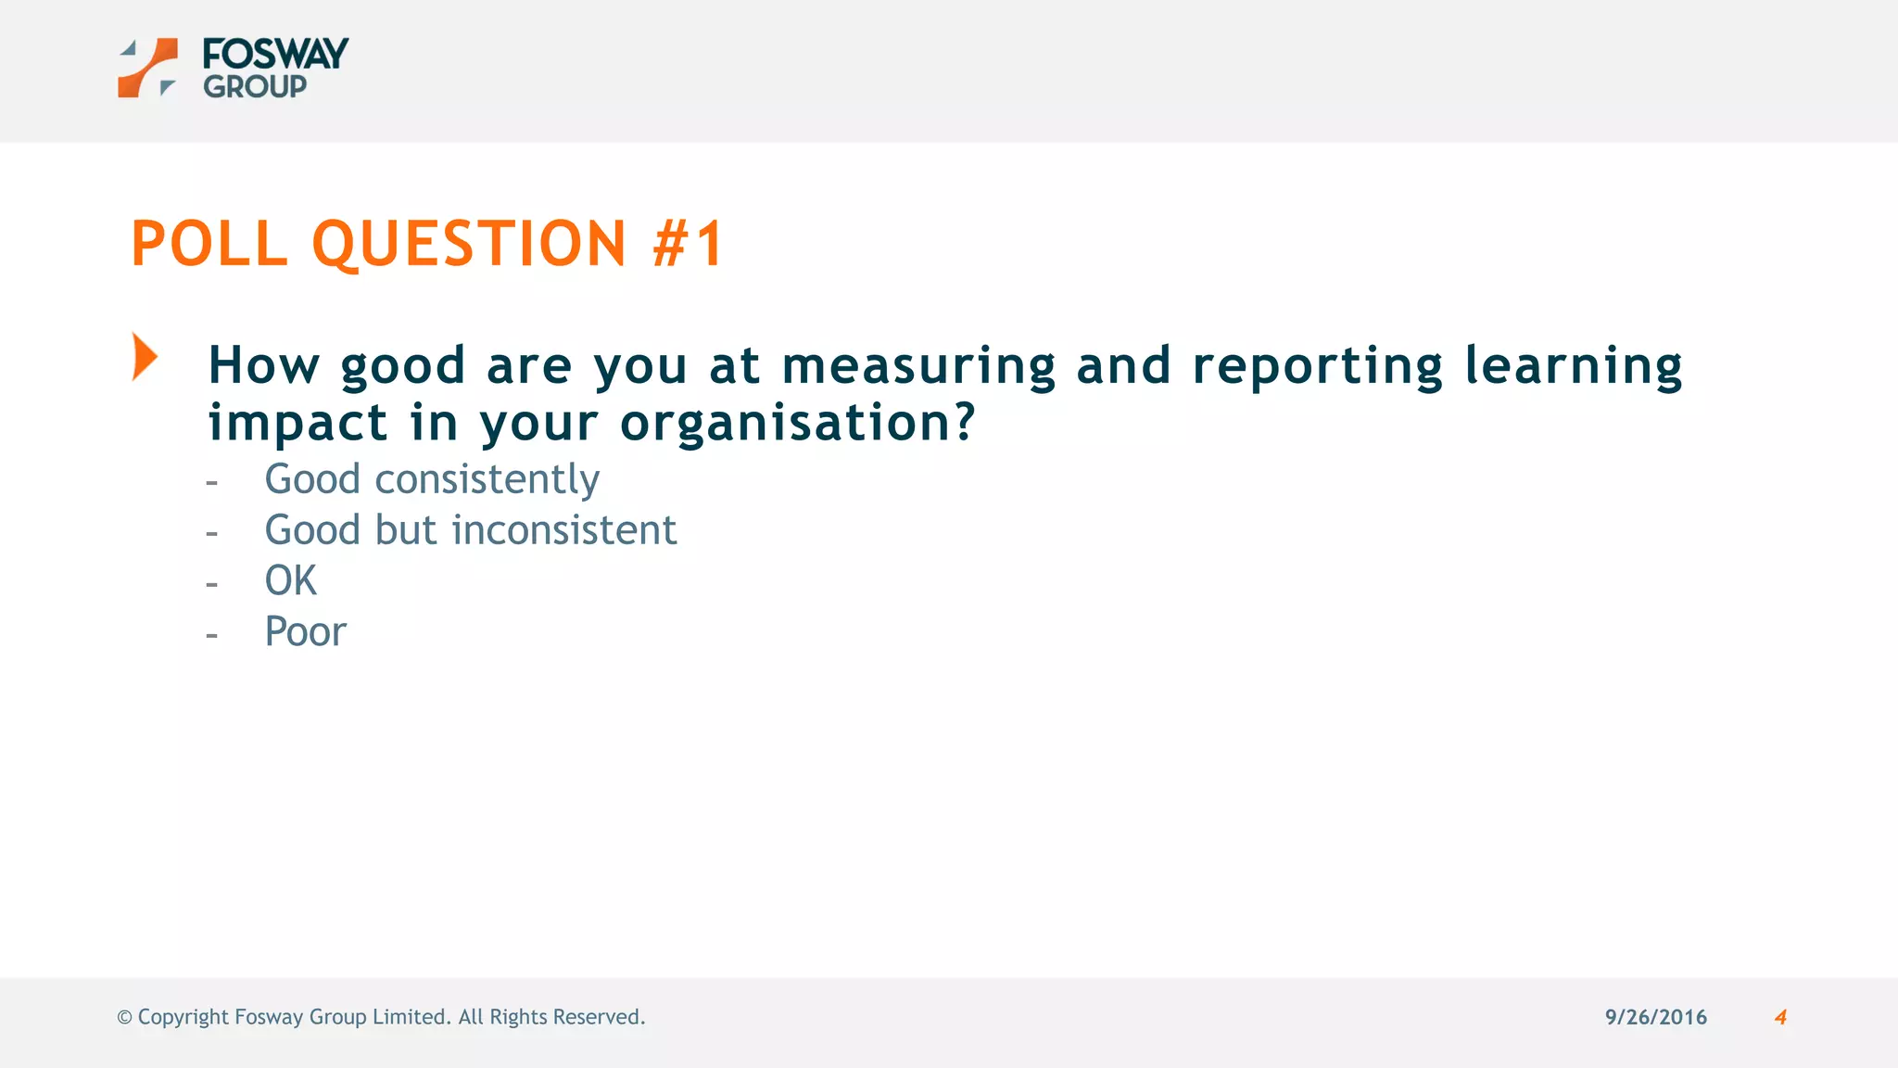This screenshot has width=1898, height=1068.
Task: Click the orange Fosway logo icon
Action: [x=147, y=68]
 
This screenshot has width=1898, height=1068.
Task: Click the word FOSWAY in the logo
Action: [x=275, y=54]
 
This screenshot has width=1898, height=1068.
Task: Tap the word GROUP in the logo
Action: [x=255, y=87]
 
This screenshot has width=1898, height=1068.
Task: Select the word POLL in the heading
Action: [x=209, y=244]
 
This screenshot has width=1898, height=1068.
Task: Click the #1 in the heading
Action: [x=688, y=244]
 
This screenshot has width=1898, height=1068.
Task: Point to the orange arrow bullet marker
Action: [x=145, y=357]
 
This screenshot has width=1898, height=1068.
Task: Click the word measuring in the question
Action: [x=918, y=365]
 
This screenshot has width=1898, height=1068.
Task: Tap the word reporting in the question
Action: [x=1317, y=365]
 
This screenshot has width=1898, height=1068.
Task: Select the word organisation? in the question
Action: [x=798, y=423]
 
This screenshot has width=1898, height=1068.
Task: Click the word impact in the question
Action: [x=297, y=423]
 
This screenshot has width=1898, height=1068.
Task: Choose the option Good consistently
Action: [x=432, y=479]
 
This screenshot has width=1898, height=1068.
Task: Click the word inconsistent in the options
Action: [x=564, y=530]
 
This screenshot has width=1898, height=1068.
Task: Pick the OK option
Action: [x=290, y=581]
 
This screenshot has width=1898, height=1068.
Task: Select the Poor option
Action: [x=305, y=632]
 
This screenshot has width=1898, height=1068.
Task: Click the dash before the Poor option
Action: [x=212, y=636]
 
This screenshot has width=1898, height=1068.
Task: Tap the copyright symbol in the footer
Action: [x=124, y=1017]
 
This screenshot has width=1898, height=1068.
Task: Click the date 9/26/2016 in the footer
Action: [x=1656, y=1017]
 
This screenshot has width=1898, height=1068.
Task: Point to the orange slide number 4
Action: [x=1780, y=1017]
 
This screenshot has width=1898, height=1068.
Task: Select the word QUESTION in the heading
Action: [x=470, y=244]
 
